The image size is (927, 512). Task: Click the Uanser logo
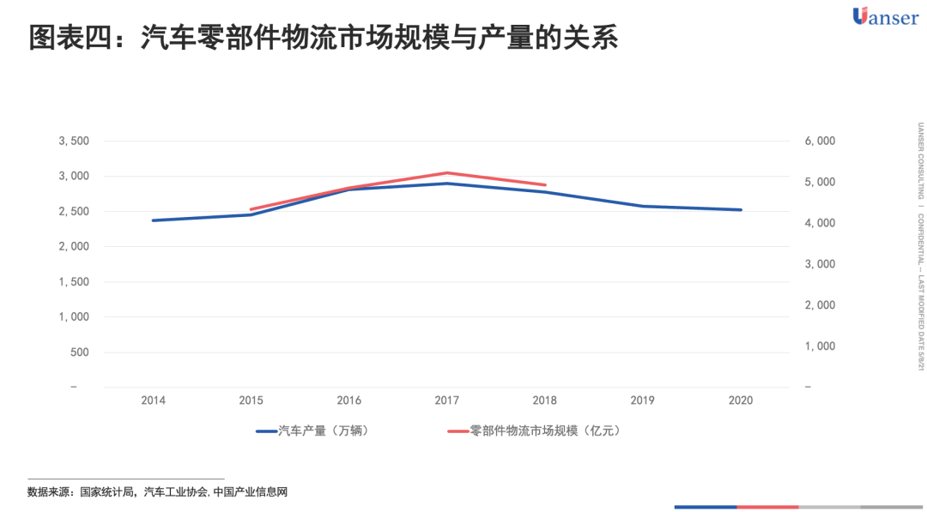click(x=885, y=16)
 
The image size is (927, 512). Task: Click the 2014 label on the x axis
click(x=154, y=401)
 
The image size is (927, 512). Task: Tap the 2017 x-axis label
click(x=446, y=401)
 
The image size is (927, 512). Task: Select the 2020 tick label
click(x=740, y=401)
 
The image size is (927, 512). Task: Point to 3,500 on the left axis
click(x=73, y=141)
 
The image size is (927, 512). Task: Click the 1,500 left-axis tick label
click(x=73, y=282)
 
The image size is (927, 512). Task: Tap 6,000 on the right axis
click(x=820, y=141)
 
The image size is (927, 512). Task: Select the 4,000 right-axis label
click(x=820, y=223)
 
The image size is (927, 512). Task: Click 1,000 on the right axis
click(x=820, y=346)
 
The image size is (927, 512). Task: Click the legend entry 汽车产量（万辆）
click(x=314, y=431)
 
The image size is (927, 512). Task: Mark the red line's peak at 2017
click(x=446, y=173)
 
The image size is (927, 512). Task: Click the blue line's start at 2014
click(x=154, y=220)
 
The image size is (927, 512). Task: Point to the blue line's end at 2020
click(x=740, y=210)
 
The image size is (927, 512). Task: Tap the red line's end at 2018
click(x=545, y=184)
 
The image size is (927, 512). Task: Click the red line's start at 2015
click(x=251, y=209)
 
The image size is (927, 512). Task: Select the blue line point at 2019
click(x=642, y=206)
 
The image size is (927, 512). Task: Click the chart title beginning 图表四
click(x=323, y=39)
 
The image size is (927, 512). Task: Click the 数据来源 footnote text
click(x=157, y=492)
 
